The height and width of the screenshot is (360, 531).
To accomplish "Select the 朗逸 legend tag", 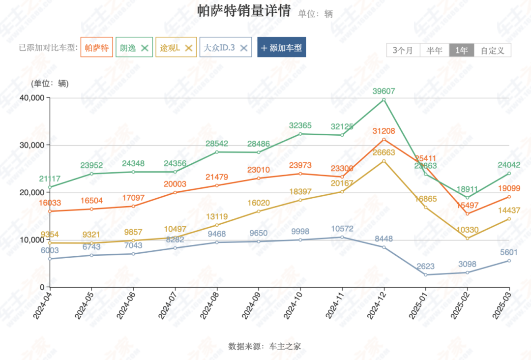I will (128, 48).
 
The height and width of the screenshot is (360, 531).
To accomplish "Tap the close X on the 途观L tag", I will (188, 48).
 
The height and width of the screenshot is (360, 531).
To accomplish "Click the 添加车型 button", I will (281, 48).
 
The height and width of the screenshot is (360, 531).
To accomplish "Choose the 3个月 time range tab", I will (403, 50).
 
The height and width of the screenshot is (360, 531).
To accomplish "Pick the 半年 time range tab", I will (435, 50).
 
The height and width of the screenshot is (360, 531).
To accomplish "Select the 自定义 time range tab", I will (493, 50).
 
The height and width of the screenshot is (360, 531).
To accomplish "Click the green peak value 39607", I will (383, 91).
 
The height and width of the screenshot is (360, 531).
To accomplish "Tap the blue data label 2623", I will (425, 266).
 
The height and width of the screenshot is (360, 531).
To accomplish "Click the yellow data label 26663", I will (383, 152).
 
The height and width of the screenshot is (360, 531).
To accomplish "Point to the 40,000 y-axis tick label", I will (31, 98).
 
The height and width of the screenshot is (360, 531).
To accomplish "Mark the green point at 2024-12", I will (383, 100).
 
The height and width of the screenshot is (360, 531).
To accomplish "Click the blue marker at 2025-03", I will (509, 261).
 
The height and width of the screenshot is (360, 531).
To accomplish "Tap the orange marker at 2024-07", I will (175, 192).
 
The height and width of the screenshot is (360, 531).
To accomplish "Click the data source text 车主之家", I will (285, 346).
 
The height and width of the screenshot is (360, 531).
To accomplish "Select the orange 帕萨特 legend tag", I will (96, 48).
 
